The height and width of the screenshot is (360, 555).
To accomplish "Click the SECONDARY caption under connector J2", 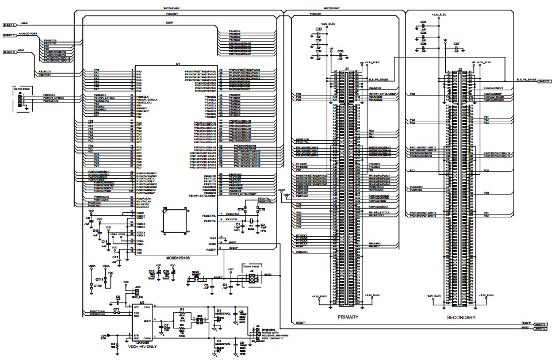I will click(461, 317).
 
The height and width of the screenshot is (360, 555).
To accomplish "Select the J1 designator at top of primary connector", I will click(346, 69).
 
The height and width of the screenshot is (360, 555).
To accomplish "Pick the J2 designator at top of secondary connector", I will click(461, 69).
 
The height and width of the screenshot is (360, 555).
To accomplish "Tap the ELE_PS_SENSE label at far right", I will click(526, 79).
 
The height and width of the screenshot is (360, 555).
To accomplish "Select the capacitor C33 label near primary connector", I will click(340, 51).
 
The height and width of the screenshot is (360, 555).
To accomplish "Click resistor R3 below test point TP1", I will click(113, 346).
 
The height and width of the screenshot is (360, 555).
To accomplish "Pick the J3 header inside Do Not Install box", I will click(251, 278).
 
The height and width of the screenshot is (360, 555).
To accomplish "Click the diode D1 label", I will click(219, 310).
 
